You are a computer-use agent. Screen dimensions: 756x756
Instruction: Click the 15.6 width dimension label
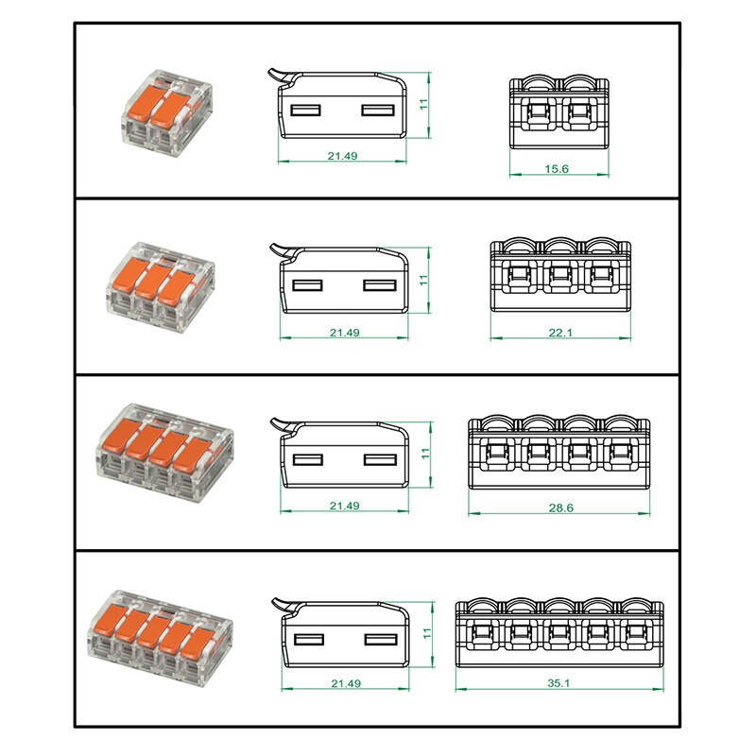tap(557, 169)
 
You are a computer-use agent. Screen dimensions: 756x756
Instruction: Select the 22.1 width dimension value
tap(560, 333)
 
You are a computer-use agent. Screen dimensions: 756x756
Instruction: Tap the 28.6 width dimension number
tap(560, 507)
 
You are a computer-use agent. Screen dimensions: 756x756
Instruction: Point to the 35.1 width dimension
tap(558, 683)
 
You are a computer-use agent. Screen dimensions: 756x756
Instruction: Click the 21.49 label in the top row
tap(342, 156)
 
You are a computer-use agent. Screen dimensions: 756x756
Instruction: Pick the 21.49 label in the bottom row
tap(346, 683)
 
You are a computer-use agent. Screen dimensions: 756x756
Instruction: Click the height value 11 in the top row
tap(423, 105)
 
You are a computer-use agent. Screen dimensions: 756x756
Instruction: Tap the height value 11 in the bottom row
tap(427, 633)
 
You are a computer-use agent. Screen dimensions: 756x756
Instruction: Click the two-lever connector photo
tap(166, 112)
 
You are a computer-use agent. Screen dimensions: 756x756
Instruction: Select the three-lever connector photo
tap(161, 288)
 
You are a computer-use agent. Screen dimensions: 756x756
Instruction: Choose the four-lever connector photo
tap(164, 454)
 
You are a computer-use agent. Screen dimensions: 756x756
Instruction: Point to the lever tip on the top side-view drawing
tap(270, 72)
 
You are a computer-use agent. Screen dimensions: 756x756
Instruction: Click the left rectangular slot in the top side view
tap(305, 111)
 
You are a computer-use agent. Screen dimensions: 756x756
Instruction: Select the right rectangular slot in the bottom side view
tap(381, 640)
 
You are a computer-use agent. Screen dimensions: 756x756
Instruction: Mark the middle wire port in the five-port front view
tap(558, 632)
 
